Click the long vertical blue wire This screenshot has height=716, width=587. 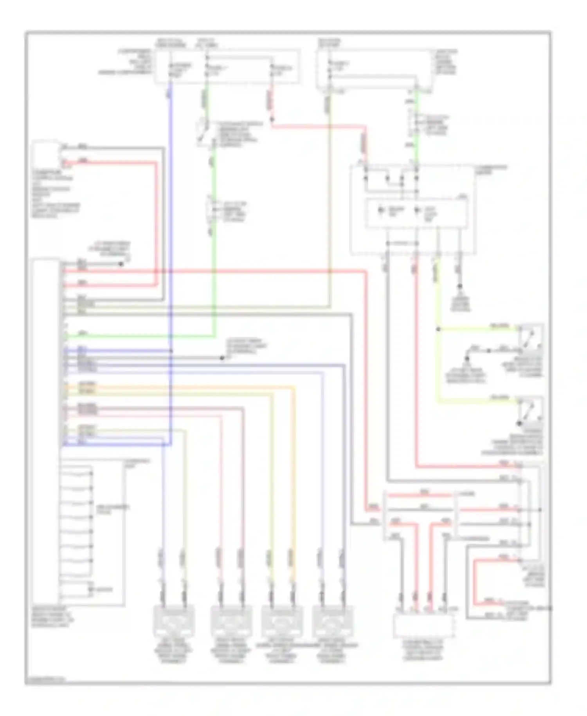tap(171, 235)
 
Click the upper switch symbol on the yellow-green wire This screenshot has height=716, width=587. tap(531, 336)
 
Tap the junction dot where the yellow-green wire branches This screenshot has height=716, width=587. tap(438, 329)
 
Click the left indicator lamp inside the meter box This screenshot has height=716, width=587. tap(381, 211)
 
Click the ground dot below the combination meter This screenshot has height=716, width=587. tap(460, 287)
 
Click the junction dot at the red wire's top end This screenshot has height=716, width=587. tap(272, 119)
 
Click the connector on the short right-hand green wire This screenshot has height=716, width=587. tap(416, 122)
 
